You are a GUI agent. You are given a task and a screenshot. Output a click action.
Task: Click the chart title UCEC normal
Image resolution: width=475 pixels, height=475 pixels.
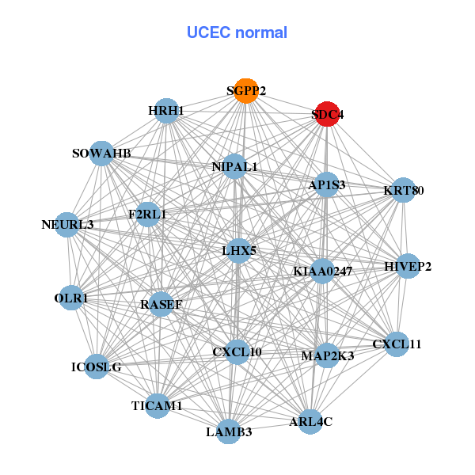click(237, 32)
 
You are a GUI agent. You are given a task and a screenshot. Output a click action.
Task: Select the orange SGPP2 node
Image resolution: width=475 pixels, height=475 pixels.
click(246, 91)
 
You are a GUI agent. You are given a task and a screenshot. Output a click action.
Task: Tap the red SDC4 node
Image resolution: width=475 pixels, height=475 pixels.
click(328, 114)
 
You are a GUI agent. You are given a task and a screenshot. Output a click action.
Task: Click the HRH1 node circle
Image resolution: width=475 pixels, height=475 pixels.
click(166, 111)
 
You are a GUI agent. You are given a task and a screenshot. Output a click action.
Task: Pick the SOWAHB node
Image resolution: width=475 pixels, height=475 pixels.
click(101, 153)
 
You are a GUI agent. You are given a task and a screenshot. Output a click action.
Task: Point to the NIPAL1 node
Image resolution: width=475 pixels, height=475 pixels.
click(234, 167)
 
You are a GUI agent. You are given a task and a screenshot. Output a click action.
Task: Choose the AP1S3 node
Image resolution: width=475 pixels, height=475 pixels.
click(327, 184)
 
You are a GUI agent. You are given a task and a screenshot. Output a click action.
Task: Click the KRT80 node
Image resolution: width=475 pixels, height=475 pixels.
click(404, 190)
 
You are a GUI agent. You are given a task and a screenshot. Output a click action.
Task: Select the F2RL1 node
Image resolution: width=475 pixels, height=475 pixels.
click(148, 214)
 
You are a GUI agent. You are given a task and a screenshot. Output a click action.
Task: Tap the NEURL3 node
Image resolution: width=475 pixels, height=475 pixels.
click(68, 225)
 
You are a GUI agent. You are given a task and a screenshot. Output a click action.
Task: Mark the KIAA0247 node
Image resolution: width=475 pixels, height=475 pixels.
click(322, 272)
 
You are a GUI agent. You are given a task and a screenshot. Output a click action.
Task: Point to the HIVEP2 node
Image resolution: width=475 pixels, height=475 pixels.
click(408, 266)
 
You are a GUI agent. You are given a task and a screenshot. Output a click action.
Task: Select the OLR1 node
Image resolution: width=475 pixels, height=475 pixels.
click(71, 298)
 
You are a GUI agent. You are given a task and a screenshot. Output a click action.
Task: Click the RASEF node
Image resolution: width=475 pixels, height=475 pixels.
click(161, 304)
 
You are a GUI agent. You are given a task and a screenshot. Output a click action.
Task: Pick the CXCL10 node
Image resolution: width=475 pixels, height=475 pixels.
click(237, 351)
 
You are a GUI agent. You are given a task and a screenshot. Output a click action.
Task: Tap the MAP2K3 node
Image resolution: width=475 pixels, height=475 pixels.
click(328, 355)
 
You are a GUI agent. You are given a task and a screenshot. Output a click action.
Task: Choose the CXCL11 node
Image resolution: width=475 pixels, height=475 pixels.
click(397, 344)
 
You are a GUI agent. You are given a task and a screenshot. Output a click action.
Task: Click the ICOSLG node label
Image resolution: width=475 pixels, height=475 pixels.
click(96, 367)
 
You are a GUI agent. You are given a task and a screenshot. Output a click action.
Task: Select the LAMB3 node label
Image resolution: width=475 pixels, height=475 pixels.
click(229, 432)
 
